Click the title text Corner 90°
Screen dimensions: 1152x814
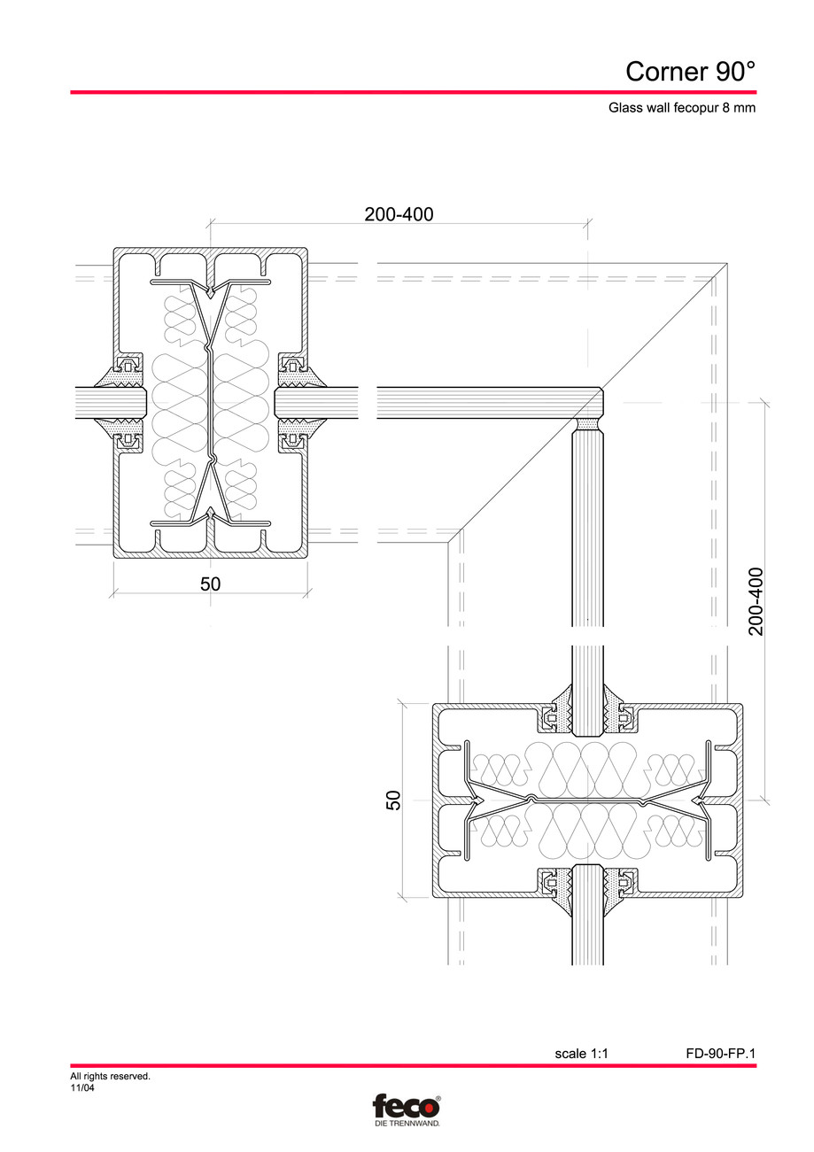pos(690,71)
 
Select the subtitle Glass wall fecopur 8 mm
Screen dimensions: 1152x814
pos(682,109)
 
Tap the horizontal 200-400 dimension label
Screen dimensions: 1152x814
pos(399,213)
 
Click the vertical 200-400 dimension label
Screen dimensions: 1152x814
pos(756,602)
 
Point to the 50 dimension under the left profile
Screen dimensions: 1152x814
pos(210,584)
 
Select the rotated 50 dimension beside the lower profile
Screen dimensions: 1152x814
pos(394,800)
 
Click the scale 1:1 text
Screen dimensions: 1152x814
pos(582,1054)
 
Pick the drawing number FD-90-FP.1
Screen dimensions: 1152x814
pos(720,1054)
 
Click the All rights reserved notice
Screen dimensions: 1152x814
pos(110,1077)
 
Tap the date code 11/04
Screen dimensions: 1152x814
pos(82,1088)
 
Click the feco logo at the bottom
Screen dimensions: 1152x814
pos(406,1107)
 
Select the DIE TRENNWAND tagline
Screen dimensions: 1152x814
pos(406,1123)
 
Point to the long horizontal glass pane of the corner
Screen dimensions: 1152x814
pos(487,402)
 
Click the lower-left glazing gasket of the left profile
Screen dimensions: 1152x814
pos(128,434)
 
